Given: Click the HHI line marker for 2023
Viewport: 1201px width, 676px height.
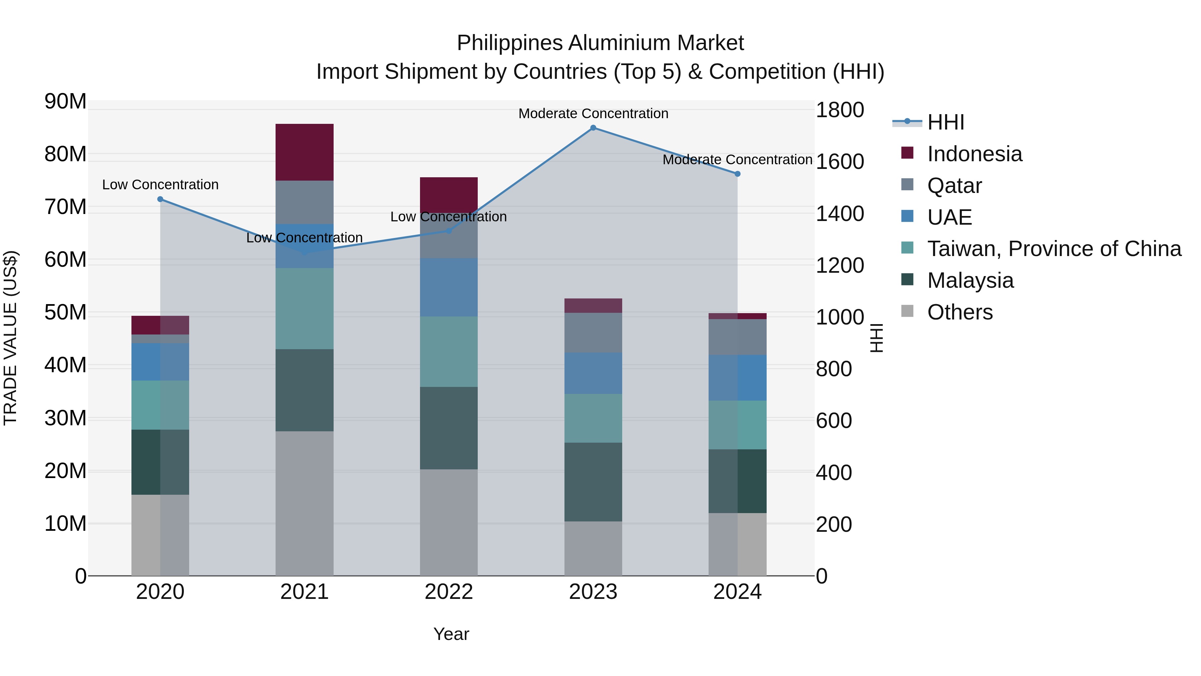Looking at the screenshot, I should coord(593,128).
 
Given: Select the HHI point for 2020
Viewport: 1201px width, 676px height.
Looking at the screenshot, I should coord(160,199).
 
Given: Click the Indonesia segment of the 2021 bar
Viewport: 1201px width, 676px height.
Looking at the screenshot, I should coord(305,152).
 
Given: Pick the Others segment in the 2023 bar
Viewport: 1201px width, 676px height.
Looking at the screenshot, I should coord(593,548).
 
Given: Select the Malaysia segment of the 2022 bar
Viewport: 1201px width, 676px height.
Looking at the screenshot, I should coord(448,428).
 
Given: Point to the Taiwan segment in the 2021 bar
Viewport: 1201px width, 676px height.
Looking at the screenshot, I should coord(305,308).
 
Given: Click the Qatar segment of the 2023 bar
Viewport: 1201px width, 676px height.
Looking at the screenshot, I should coord(593,332).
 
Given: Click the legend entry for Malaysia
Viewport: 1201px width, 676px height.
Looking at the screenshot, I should coord(970,280).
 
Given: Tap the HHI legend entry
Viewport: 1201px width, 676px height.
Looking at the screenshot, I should coord(945,122).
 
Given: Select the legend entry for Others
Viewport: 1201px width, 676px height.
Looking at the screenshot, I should coord(959,312).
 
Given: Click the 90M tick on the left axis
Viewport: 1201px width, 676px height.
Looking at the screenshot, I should coord(65,101).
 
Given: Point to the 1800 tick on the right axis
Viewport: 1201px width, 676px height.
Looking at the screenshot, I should coord(840,110).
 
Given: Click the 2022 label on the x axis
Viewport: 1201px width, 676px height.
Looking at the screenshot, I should coord(448,592).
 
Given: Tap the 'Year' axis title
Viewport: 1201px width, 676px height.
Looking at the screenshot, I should coord(451,634).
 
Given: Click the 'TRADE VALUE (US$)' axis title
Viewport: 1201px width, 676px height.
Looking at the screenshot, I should coord(10,338).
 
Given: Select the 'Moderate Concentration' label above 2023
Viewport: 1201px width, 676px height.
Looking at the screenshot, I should coord(593,114).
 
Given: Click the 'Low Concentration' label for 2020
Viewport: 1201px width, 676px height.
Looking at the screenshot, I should coord(160,185).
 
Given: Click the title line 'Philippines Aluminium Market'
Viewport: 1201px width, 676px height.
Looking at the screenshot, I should coord(600,43).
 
